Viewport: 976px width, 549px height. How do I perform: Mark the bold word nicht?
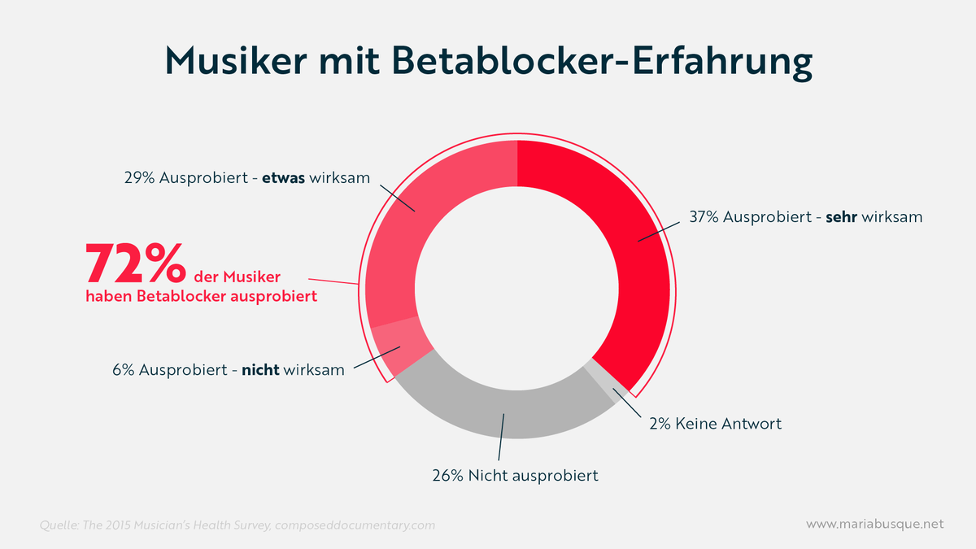point(261,369)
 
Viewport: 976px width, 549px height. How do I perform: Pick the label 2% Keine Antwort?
point(715,424)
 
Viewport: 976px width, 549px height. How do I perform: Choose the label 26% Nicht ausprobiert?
point(515,476)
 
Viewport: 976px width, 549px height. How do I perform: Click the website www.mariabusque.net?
point(874,525)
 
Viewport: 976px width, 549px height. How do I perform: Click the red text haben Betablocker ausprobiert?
point(201,297)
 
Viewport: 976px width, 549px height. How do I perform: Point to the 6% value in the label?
point(123,369)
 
